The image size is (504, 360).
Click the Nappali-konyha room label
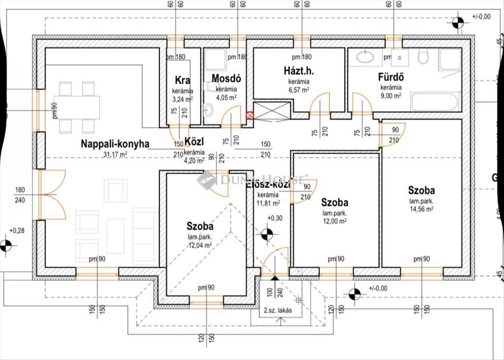[115, 144]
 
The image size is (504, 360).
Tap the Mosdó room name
[226, 79]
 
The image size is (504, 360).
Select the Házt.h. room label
[299, 71]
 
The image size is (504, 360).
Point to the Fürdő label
[391, 78]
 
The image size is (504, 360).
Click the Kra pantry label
[182, 80]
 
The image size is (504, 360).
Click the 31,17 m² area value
[115, 154]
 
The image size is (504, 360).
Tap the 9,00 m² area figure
[391, 95]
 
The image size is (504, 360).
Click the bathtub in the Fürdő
[434, 101]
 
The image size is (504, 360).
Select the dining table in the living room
[77, 107]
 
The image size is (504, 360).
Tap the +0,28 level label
[18, 231]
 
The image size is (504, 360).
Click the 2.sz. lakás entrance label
[278, 311]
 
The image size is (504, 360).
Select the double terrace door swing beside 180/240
[53, 194]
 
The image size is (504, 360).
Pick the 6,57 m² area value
[299, 89]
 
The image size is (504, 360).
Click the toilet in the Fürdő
[423, 56]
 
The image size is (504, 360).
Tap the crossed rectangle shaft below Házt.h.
[272, 111]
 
